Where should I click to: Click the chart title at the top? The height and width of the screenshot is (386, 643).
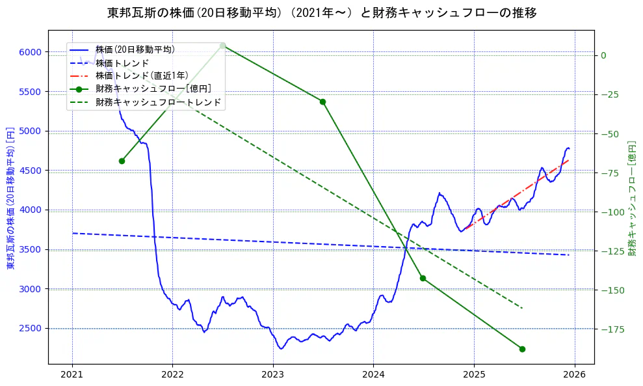(321, 12)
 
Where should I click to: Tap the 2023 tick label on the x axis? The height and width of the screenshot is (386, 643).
(272, 374)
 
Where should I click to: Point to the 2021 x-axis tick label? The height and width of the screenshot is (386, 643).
(72, 374)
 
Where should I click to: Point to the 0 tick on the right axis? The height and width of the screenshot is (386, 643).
(603, 55)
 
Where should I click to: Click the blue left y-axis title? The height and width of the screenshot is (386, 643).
(10, 198)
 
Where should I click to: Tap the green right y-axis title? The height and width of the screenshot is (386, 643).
(632, 198)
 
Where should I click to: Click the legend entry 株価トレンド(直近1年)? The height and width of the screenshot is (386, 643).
(142, 76)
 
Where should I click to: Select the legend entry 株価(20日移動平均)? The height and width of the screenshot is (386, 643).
(135, 49)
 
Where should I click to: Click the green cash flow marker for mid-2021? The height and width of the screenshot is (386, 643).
(122, 161)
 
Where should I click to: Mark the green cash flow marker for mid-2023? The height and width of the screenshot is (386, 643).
(322, 102)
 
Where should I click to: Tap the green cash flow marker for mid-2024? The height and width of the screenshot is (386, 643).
(423, 278)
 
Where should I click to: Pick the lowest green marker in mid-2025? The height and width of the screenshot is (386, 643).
(522, 349)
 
